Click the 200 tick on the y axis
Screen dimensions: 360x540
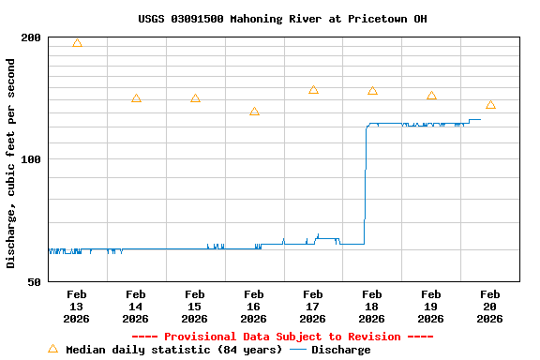pos(31,37)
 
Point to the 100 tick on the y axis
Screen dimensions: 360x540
pos(31,159)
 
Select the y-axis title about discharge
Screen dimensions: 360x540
pos(11,163)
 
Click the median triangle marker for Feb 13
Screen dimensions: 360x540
pos(77,43)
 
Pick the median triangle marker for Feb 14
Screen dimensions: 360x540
pos(136,98)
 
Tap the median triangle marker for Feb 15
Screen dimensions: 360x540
pos(195,98)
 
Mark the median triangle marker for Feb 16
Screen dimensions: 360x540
pos(254,112)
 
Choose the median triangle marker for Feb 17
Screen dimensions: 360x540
pos(313,90)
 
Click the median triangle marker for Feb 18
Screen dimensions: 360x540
pos(372,91)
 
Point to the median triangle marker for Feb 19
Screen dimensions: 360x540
pos(431,96)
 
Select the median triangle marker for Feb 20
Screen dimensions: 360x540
pos(490,105)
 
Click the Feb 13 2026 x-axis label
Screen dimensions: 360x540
pos(77,307)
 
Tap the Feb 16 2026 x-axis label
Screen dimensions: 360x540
pos(254,307)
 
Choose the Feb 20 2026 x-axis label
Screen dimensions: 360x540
pos(490,307)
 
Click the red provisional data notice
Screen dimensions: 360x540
pos(282,337)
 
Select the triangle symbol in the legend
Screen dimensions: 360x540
pos(52,349)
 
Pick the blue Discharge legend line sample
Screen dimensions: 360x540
pos(298,350)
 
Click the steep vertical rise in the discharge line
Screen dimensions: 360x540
pos(365,187)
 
